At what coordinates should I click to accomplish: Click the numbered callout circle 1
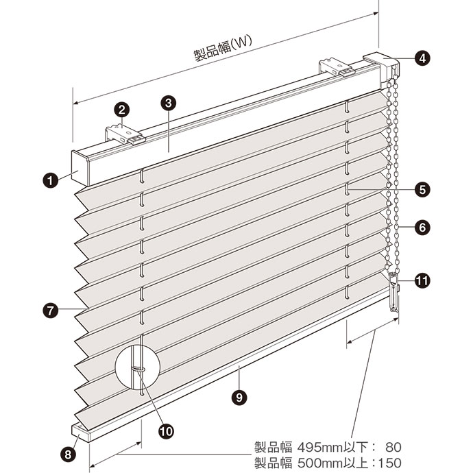coord(50,180)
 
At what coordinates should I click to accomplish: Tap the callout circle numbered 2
coord(121,110)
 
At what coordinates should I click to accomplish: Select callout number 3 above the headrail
coord(169,103)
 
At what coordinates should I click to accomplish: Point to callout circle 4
coord(422,58)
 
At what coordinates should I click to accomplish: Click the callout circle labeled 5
coord(422,190)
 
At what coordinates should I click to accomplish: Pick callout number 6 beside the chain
coord(422,227)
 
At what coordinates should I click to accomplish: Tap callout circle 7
coord(50,310)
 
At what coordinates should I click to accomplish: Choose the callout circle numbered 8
coord(68,454)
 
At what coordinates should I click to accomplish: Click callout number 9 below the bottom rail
coord(239,398)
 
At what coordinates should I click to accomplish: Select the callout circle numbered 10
coord(166,431)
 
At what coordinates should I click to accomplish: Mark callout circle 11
coord(422,281)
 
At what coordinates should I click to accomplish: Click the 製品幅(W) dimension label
coord(223,49)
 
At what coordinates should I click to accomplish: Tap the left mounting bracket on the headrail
coord(125,135)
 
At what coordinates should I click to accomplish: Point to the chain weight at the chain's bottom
coord(393,292)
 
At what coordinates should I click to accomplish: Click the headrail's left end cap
coord(80,168)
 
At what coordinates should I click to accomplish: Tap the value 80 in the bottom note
coord(393,447)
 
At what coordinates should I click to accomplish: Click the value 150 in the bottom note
coord(389,463)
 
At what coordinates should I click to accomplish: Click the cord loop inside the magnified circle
coord(138,369)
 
